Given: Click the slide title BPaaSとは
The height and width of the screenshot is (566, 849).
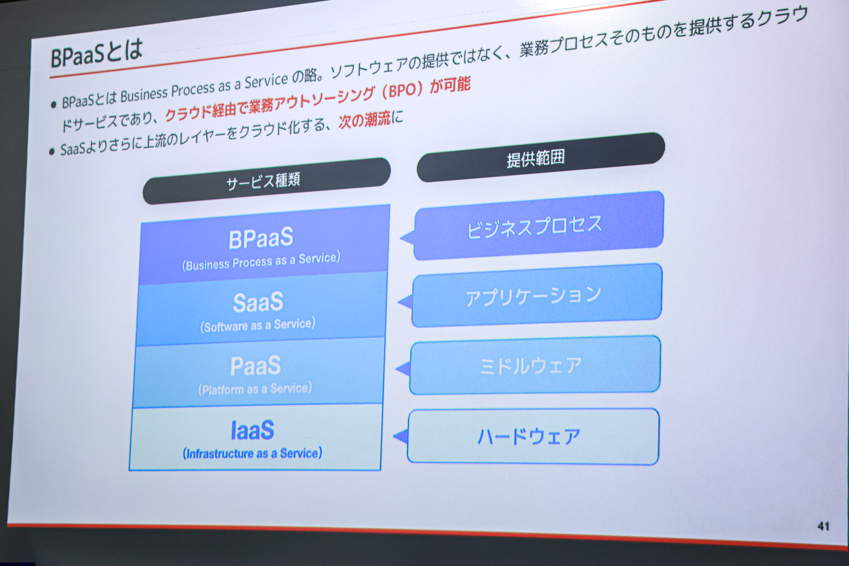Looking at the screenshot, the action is [x=96, y=53].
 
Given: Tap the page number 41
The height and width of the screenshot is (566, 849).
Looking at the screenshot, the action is [x=824, y=526].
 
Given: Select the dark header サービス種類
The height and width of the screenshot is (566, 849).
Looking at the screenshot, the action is [x=266, y=181].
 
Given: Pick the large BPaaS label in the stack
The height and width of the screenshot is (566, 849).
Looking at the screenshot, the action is [x=261, y=239].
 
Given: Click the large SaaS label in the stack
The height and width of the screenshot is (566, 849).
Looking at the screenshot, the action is [x=258, y=302].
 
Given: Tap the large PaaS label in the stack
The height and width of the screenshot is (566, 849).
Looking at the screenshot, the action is [x=256, y=366].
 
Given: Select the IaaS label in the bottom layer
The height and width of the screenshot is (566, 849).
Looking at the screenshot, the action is [x=252, y=430].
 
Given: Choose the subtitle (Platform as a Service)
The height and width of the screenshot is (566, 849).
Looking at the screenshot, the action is [x=255, y=389].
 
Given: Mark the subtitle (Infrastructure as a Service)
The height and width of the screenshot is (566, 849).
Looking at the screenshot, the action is [x=252, y=453].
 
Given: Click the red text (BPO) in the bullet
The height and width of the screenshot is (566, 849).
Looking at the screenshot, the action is [x=402, y=90].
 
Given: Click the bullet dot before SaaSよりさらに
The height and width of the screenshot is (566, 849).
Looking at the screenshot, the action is [x=52, y=152].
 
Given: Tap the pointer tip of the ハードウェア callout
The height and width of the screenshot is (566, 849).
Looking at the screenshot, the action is [x=394, y=436].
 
